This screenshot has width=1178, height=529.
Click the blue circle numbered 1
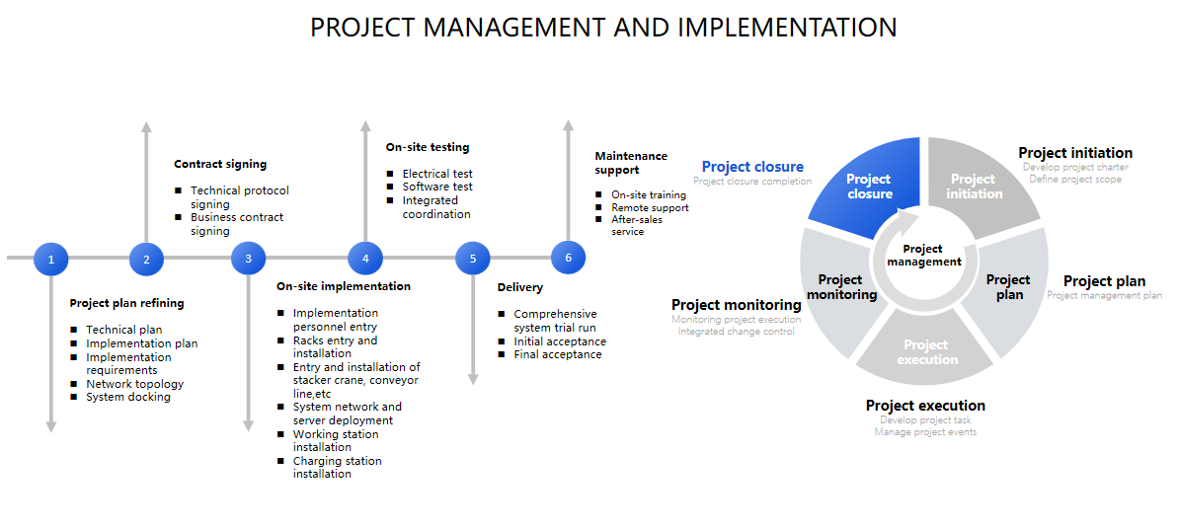tap(51, 260)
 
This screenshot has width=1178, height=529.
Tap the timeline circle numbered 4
tap(366, 259)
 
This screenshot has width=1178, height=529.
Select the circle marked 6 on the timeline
tap(568, 258)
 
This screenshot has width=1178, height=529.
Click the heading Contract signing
tap(220, 164)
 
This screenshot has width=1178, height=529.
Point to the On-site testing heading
tap(428, 147)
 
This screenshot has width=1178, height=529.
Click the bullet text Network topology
tap(134, 384)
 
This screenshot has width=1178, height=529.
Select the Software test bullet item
tap(437, 187)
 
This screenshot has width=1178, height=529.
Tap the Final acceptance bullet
tap(558, 354)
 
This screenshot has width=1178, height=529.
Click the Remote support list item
tap(650, 207)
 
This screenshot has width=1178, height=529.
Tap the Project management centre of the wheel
tap(923, 256)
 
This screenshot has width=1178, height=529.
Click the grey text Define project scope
tap(1075, 179)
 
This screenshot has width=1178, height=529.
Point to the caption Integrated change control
tap(737, 332)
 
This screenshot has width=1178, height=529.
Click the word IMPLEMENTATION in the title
tap(787, 28)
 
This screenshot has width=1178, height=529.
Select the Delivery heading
tap(520, 287)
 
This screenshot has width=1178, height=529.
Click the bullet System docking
tap(127, 397)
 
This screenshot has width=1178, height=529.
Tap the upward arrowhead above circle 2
tap(146, 127)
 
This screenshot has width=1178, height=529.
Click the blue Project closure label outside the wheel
tap(752, 167)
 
